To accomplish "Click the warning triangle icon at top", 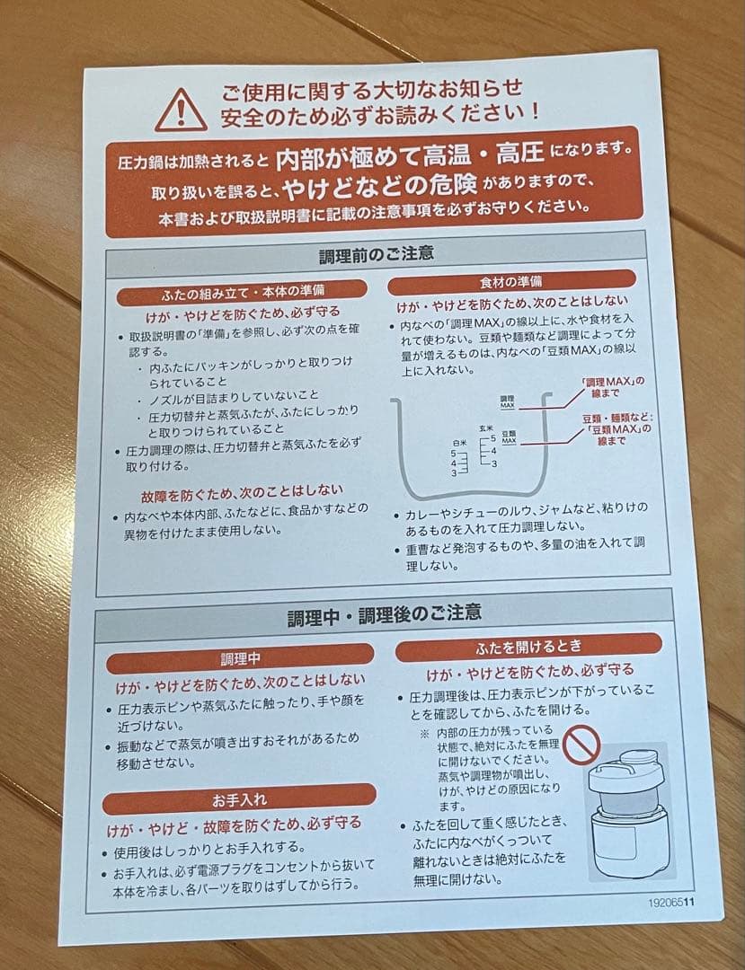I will tap(181, 110).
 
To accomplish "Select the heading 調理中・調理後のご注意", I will tap(384, 615).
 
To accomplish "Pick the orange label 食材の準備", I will tap(510, 281).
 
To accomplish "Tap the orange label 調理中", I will tap(240, 658).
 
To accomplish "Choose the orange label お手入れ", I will tap(239, 798).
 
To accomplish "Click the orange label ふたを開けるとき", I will tap(528, 645).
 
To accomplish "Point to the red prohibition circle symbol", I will tap(582, 745).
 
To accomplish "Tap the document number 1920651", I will tap(670, 904).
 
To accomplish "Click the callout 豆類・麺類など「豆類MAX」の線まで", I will tap(616, 428).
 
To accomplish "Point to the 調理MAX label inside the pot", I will tap(507, 401).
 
